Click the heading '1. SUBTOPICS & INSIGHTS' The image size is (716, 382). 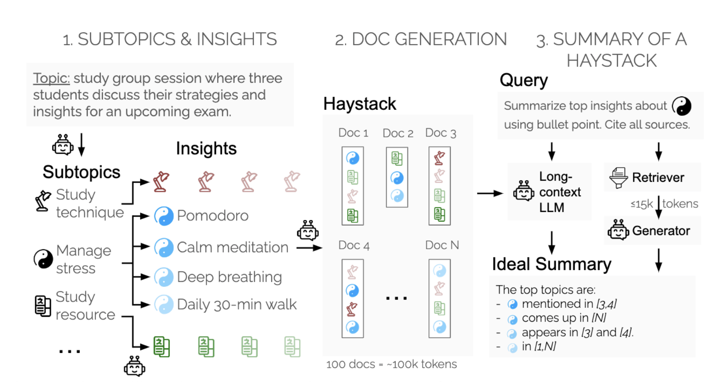[x=169, y=39]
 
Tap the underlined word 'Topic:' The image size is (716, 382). [x=51, y=78]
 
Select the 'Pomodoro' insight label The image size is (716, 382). [x=213, y=216]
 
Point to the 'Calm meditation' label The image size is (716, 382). [x=232, y=248]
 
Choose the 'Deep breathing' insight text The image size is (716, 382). [x=229, y=277]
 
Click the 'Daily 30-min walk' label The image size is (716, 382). [x=236, y=305]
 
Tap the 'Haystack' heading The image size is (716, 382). [x=359, y=104]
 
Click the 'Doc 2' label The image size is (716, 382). [x=398, y=133]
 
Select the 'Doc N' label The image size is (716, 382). [x=442, y=245]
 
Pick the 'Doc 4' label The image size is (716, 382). [x=353, y=245]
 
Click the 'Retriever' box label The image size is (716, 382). [x=658, y=178]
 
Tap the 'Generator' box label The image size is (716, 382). [x=661, y=231]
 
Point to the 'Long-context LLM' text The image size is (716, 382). [x=560, y=192]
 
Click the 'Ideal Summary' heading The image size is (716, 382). [x=551, y=264]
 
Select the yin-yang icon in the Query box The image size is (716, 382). [x=681, y=106]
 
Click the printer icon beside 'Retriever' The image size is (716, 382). [x=618, y=178]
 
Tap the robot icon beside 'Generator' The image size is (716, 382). [x=618, y=230]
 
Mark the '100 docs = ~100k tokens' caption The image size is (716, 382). [x=391, y=364]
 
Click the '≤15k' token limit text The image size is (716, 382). [x=641, y=204]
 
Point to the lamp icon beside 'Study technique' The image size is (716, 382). [x=43, y=200]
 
